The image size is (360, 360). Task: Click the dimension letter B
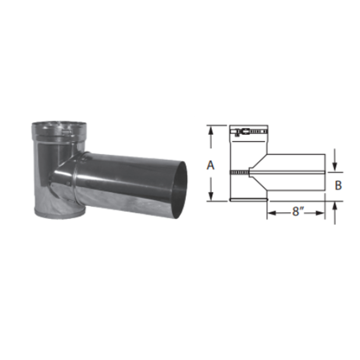click(338, 185)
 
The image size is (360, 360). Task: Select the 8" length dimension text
click(296, 212)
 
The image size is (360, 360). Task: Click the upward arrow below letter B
click(335, 206)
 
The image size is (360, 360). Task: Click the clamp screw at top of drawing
click(239, 132)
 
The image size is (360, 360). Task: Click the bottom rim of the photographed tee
click(59, 213)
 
